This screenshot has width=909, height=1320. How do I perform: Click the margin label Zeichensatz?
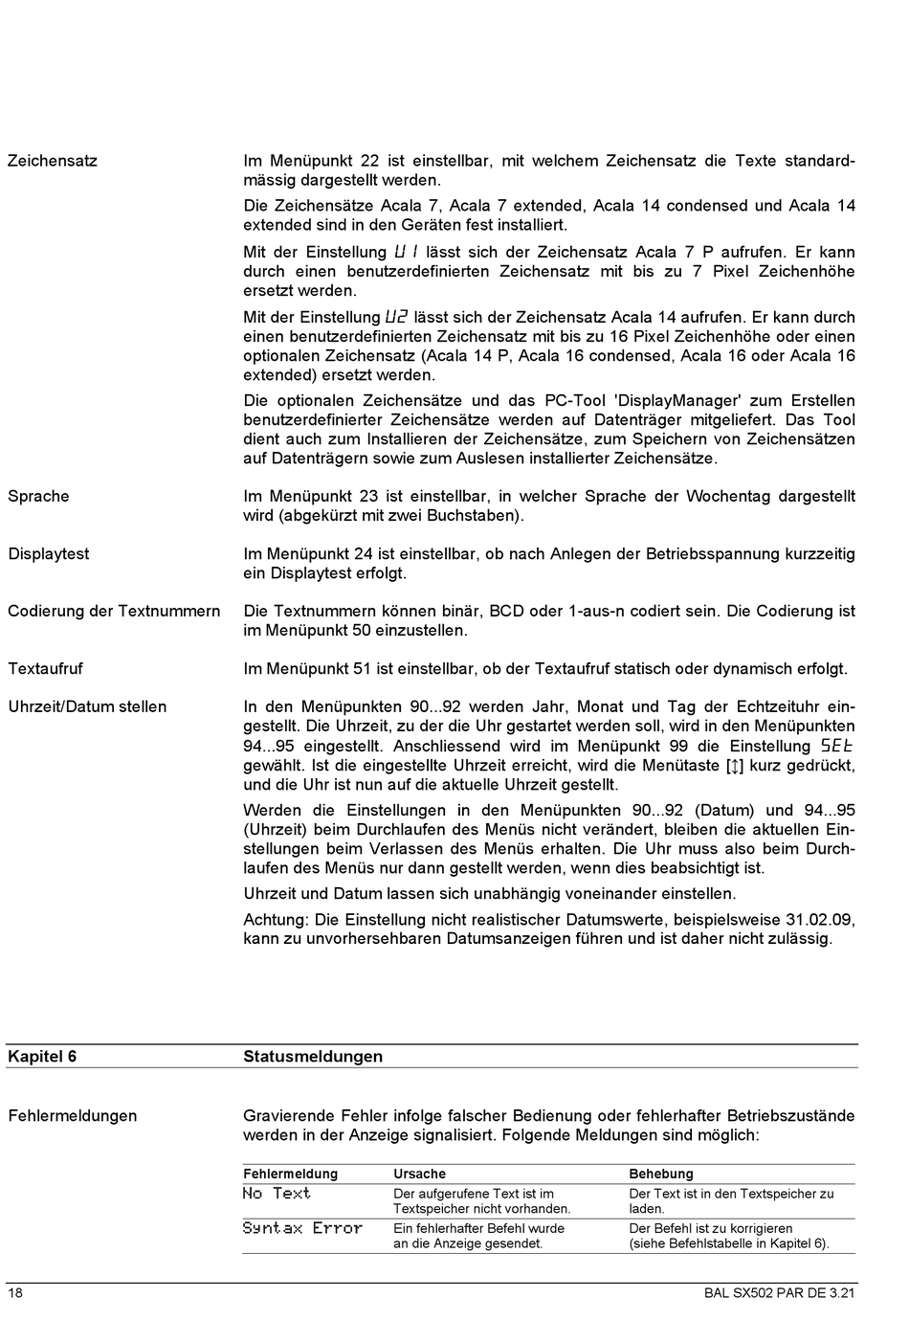tap(53, 161)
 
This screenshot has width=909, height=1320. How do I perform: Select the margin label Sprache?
tap(38, 496)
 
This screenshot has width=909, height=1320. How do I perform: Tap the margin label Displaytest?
tap(48, 553)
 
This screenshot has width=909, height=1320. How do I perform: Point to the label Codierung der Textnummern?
tap(114, 611)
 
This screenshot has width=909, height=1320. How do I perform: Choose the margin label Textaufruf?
tap(45, 668)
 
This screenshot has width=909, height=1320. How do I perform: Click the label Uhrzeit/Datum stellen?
tap(87, 706)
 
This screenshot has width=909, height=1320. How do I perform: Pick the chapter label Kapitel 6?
tap(42, 1056)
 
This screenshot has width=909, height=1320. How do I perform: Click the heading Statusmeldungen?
tap(313, 1056)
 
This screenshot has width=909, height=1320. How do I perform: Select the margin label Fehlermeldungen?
tap(73, 1115)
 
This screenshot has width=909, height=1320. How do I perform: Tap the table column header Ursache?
tap(419, 1174)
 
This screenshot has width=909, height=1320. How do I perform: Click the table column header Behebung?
tap(661, 1174)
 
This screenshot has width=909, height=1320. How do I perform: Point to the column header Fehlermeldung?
tap(290, 1174)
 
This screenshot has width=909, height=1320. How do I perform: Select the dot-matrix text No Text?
tap(277, 1194)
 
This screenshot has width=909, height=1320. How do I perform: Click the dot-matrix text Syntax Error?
tap(302, 1228)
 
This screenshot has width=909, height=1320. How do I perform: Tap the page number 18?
tap(15, 1293)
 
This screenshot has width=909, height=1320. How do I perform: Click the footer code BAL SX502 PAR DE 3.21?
tap(779, 1293)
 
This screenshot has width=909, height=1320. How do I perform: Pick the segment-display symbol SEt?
tap(836, 746)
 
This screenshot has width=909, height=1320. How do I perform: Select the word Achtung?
tap(274, 919)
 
